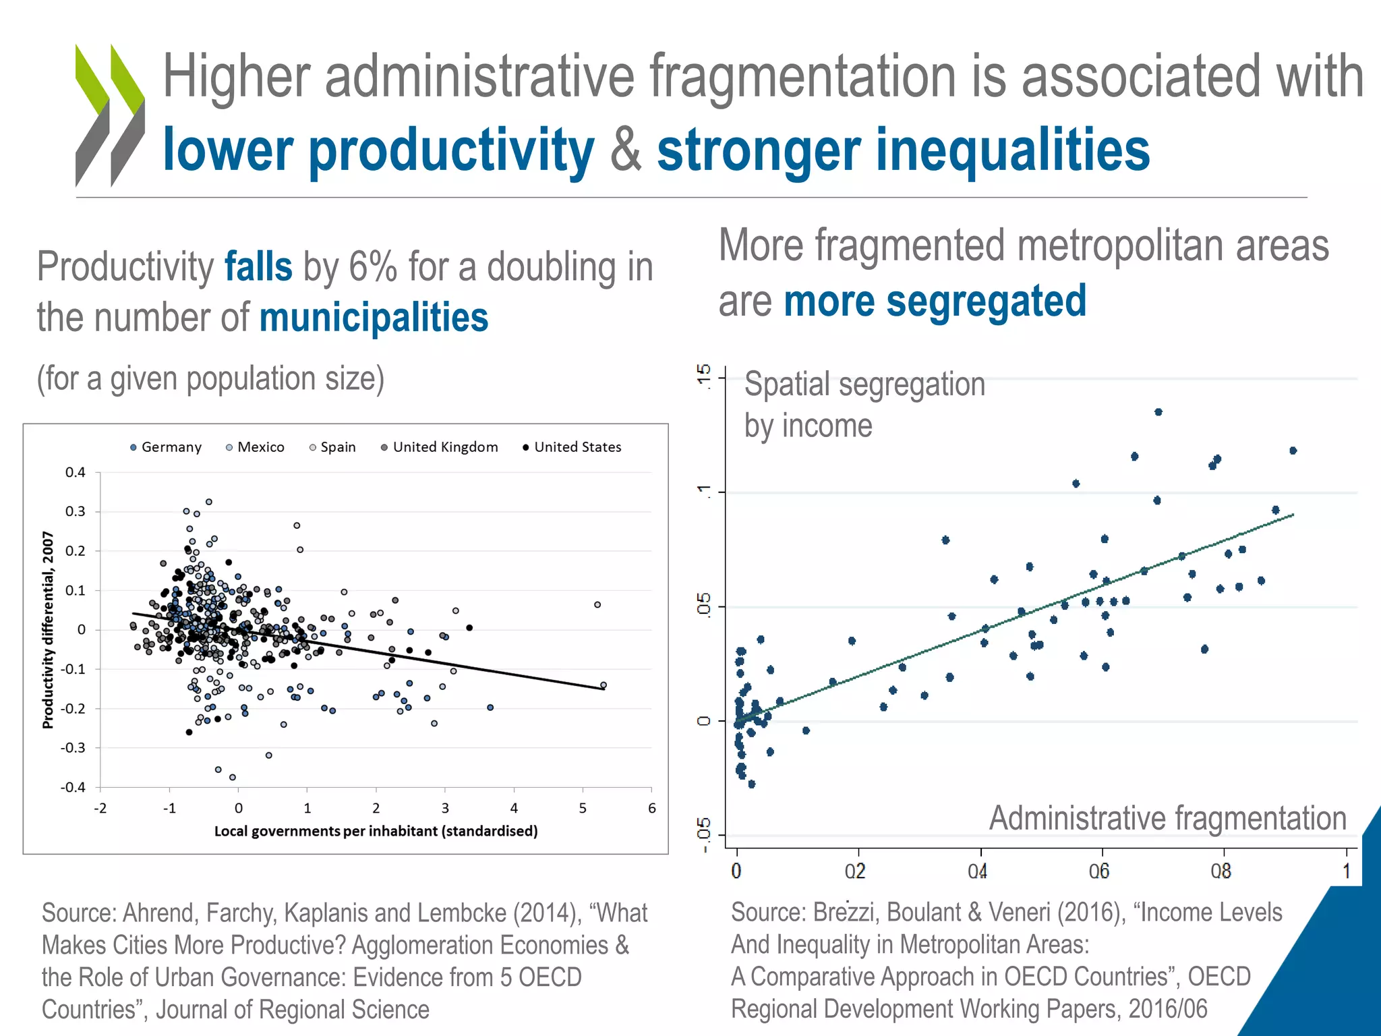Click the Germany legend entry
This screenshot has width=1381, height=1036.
(166, 447)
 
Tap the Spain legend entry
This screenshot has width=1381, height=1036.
(332, 447)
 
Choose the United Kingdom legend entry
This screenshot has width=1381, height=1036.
(440, 447)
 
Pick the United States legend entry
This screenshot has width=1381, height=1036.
(572, 447)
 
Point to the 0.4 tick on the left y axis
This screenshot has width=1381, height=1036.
(76, 472)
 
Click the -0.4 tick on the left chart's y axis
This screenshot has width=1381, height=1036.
(73, 787)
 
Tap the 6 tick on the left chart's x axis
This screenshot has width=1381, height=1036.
(651, 808)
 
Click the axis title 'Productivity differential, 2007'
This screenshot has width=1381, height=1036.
(48, 629)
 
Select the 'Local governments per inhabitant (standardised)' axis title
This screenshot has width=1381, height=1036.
(376, 831)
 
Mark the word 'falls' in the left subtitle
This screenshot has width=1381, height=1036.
(258, 267)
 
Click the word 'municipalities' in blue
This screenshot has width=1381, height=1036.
(374, 318)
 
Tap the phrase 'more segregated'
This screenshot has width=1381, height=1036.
(935, 301)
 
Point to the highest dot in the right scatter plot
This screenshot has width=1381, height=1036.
(1158, 412)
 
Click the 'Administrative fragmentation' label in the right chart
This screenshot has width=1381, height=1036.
(1167, 818)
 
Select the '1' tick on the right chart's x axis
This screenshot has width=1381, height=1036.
(1347, 871)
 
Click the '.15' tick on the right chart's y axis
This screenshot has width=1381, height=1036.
(704, 375)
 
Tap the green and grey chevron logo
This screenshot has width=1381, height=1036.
(110, 115)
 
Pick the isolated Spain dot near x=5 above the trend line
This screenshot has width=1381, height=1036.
(597, 605)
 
